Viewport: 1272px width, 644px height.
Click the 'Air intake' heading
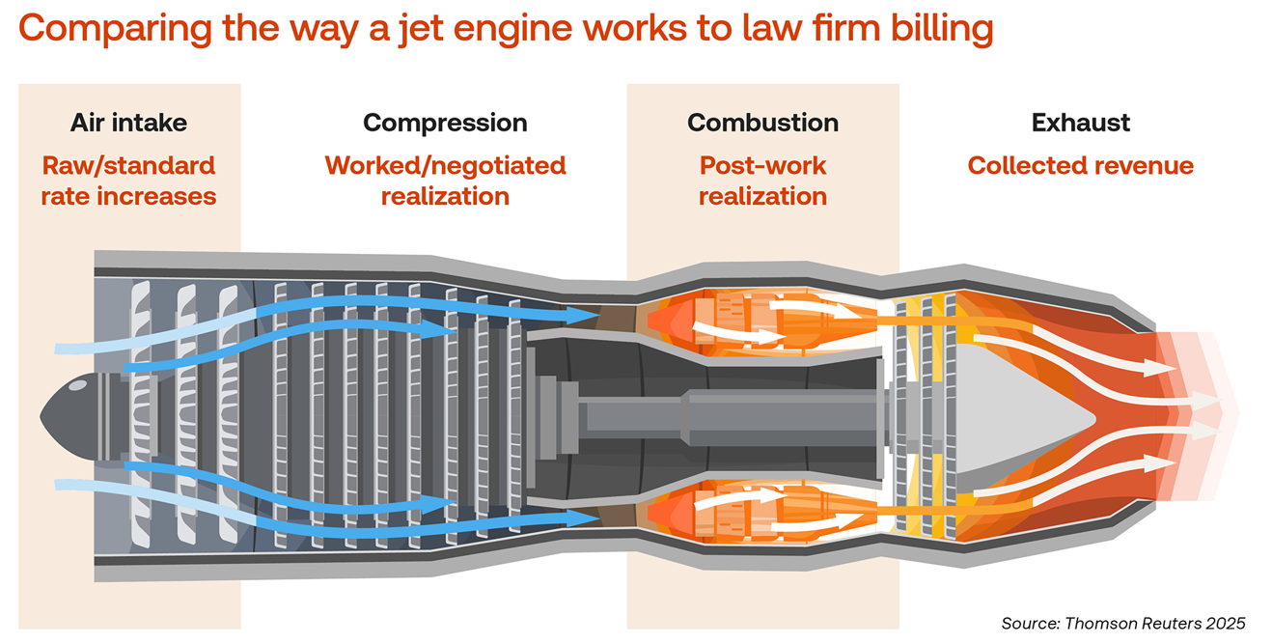coord(128,123)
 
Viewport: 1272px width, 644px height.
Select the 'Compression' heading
coord(445,123)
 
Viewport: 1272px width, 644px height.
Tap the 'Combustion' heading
coord(762,123)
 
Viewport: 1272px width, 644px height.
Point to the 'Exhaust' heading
coord(1080,123)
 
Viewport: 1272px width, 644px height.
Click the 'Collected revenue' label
coord(1080,166)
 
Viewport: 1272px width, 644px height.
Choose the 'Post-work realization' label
coord(762,182)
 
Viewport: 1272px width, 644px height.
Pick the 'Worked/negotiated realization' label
coord(445,182)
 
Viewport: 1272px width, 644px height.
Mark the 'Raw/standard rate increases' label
coord(128,182)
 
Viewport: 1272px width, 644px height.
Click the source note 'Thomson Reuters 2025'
coord(1123,623)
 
